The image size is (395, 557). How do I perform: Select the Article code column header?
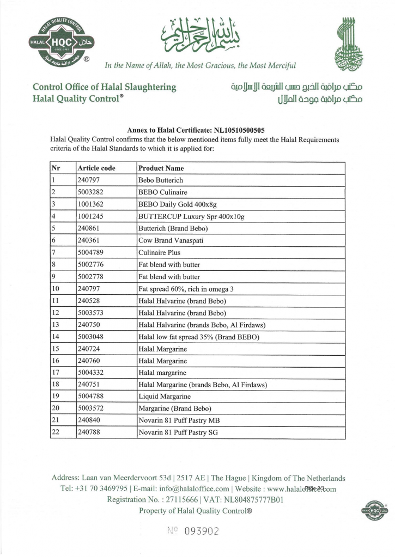[x=96, y=168]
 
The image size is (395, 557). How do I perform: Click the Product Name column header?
[x=161, y=168]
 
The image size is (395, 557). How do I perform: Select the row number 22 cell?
[x=54, y=432]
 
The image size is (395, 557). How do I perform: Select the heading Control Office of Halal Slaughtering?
[x=105, y=87]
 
